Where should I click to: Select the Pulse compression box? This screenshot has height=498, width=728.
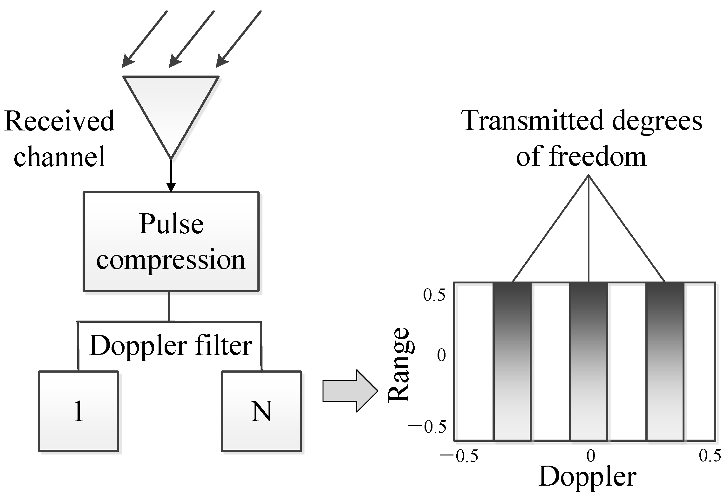(171, 242)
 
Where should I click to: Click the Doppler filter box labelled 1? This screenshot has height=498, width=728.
(78, 411)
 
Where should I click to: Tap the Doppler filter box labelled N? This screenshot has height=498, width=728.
(261, 411)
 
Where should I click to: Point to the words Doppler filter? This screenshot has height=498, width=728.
(171, 345)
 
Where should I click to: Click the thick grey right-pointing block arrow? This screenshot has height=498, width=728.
(350, 391)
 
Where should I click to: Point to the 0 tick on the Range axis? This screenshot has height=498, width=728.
(441, 355)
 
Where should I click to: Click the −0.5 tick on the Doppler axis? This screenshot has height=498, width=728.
(459, 456)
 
